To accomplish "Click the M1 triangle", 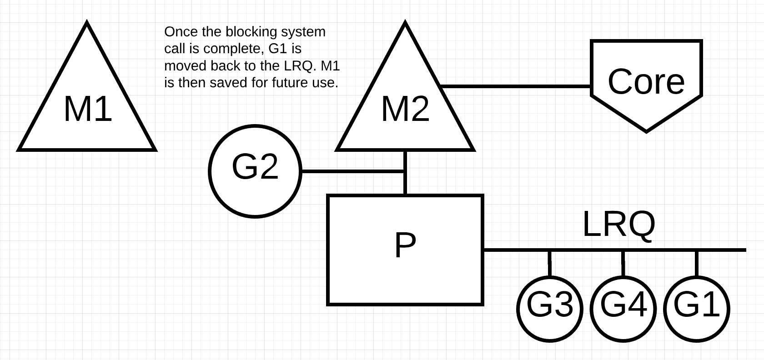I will (x=87, y=109).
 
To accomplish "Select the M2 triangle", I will (x=405, y=109).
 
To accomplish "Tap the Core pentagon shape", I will (x=646, y=82).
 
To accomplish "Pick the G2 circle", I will (x=255, y=171).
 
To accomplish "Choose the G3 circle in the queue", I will (x=550, y=309).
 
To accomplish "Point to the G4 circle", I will (x=623, y=309).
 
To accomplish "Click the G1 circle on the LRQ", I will (x=697, y=309).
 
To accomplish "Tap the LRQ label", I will (x=618, y=224).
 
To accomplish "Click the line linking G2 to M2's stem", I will (x=352, y=171).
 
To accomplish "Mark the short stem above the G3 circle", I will (x=550, y=263).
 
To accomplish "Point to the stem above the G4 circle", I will (x=623, y=263).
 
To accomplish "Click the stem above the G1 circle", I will (x=697, y=263).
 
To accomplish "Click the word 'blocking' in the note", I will (x=246, y=32).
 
